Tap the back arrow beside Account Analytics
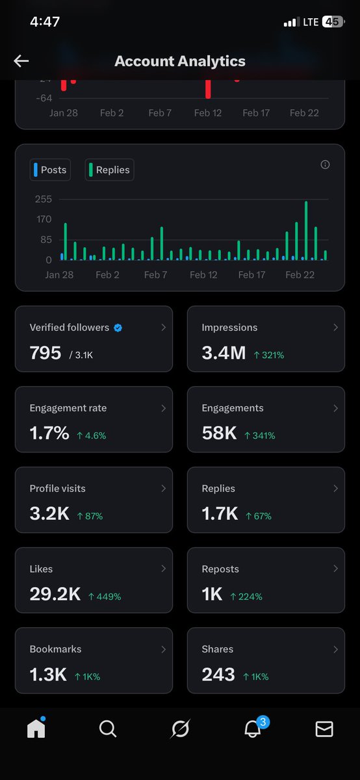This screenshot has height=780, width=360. tap(21, 61)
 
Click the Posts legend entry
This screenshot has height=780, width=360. tap(50, 170)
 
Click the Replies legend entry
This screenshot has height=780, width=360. tap(109, 170)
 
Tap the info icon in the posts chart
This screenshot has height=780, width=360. tap(325, 164)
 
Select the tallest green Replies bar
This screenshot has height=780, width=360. tap(306, 231)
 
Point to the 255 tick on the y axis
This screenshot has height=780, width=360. tap(44, 200)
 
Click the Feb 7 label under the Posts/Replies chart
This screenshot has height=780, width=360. tap(155, 275)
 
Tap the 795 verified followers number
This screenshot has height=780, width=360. tap(45, 353)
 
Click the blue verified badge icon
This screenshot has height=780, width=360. tap(118, 328)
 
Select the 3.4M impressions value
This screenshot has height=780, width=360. tap(224, 353)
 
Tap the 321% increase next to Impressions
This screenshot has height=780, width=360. tap(268, 355)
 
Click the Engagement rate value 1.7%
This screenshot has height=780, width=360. tap(49, 434)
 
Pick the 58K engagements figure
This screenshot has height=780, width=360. tap(219, 434)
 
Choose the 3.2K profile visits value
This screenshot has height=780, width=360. tap(49, 514)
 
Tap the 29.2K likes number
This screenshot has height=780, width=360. tap(55, 594)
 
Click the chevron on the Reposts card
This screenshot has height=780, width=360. tap(335, 569)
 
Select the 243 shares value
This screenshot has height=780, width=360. tap(218, 675)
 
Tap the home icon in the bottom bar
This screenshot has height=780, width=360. tap(36, 729)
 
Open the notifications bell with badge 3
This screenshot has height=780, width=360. tap(252, 729)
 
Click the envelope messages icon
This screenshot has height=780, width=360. tap(324, 729)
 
